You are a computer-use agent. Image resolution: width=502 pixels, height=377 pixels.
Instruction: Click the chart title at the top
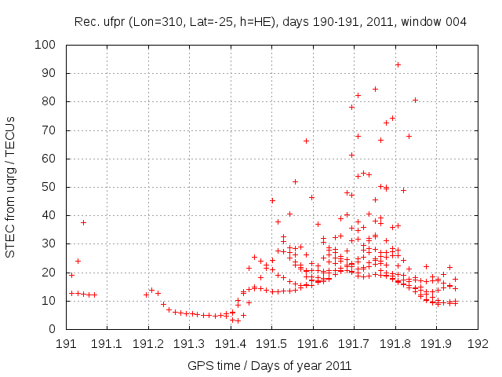[x=271, y=22]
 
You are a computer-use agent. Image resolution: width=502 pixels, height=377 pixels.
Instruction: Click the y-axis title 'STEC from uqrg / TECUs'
[x=11, y=187]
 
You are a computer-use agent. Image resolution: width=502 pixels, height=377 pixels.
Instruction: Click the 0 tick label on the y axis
[x=56, y=329]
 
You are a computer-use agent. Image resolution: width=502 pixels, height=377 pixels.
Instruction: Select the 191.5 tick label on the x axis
[x=271, y=343]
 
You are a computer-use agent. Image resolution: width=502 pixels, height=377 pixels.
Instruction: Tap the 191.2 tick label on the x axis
[x=148, y=343]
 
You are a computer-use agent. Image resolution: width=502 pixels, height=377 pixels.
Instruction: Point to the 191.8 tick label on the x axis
[x=395, y=343]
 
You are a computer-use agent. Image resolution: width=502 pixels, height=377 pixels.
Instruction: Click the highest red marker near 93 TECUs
[x=398, y=64]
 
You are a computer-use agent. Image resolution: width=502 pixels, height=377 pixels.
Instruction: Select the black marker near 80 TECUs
[x=415, y=100]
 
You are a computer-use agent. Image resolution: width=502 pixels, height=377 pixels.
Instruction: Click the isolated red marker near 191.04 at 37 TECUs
[x=83, y=222]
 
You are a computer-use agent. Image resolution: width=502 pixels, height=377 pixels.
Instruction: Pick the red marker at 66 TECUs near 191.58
[x=306, y=141]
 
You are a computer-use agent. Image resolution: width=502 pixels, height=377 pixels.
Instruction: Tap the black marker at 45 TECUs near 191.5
[x=272, y=200]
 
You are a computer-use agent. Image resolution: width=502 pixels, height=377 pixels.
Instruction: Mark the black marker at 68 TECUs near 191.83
[x=409, y=136]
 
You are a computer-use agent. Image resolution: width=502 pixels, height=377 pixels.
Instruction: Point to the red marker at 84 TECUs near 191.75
[x=375, y=89]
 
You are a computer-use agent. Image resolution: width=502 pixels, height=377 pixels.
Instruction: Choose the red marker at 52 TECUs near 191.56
[x=295, y=181]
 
